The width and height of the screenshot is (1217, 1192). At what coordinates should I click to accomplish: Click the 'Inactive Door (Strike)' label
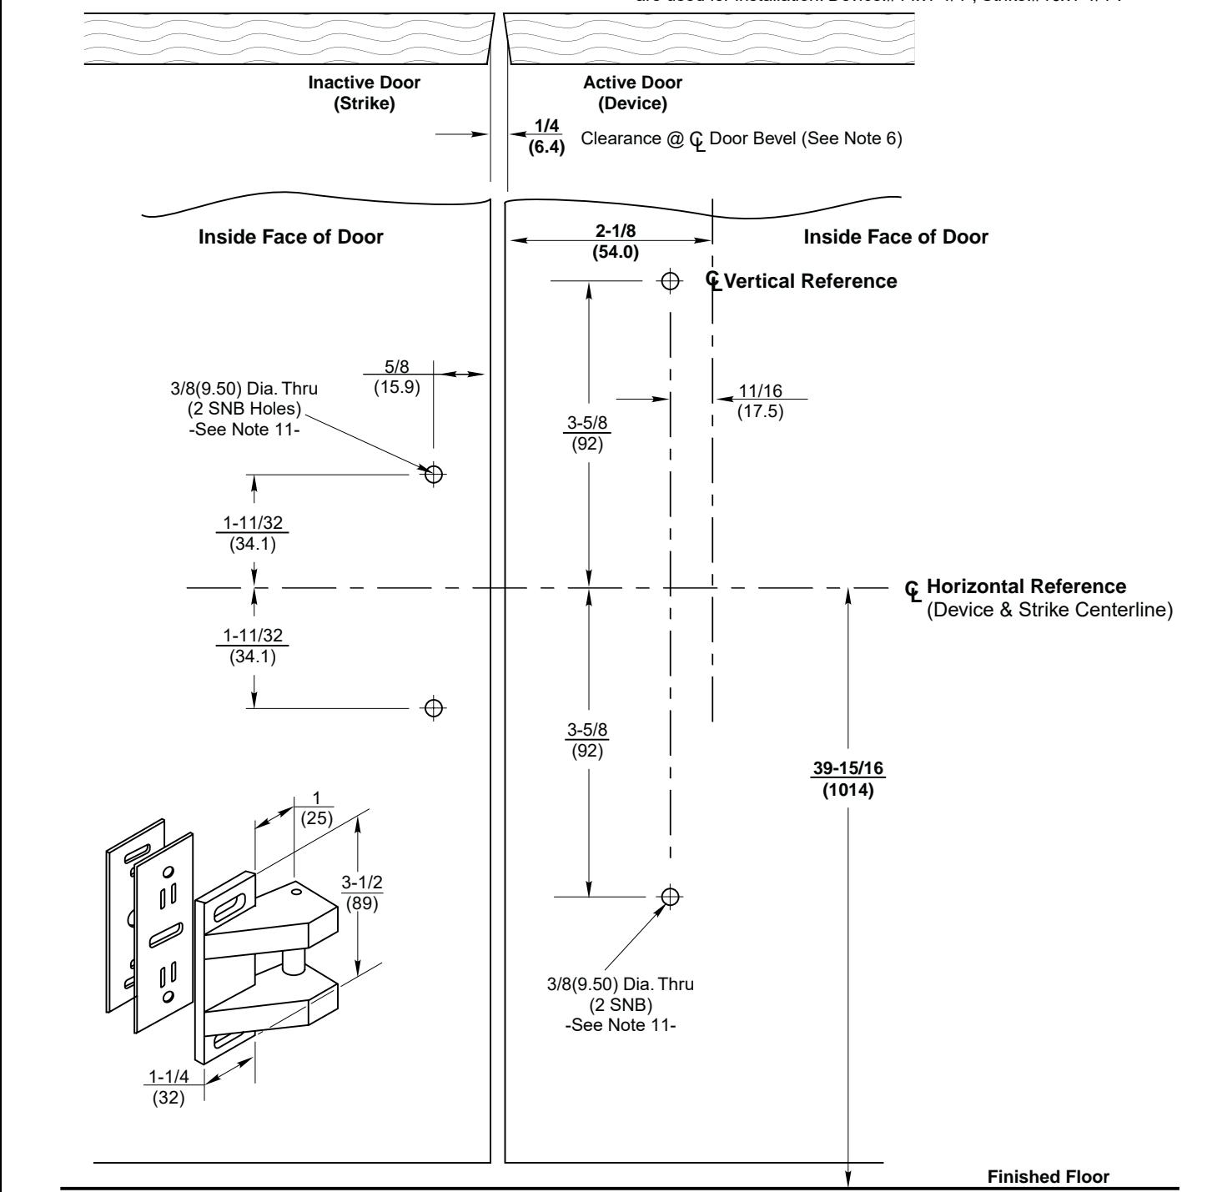(365, 93)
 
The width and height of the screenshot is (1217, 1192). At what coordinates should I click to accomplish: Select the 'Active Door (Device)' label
(632, 93)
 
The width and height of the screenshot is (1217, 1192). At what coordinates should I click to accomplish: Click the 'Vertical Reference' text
(811, 281)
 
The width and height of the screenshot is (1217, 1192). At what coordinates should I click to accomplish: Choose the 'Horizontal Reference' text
(1026, 586)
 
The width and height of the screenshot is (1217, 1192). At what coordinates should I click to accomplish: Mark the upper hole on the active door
(669, 281)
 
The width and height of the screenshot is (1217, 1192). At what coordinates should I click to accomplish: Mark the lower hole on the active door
(669, 897)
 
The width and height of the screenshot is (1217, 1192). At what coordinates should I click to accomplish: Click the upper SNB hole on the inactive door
(433, 474)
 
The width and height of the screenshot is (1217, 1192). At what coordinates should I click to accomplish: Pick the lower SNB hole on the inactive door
(433, 708)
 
